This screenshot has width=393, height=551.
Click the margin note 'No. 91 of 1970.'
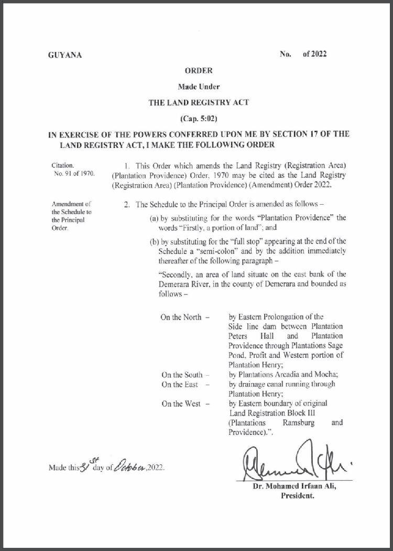(x=74, y=174)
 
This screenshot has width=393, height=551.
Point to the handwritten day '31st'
(x=83, y=464)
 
